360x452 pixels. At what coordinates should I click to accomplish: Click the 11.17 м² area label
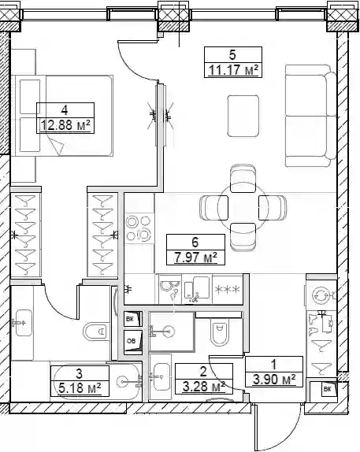(x=233, y=70)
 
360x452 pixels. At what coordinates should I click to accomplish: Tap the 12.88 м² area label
(x=65, y=125)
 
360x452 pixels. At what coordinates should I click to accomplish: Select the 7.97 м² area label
(x=195, y=257)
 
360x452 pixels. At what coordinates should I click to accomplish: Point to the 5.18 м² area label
(x=80, y=388)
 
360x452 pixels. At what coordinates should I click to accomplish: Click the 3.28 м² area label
(x=204, y=386)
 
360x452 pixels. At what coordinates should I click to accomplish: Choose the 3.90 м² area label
(x=274, y=379)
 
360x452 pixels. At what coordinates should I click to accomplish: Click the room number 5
(x=232, y=54)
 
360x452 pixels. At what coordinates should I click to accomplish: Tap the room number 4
(x=65, y=109)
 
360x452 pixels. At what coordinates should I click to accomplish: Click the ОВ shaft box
(x=133, y=342)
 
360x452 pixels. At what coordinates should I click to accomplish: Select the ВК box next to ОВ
(x=133, y=319)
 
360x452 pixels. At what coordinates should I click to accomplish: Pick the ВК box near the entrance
(x=328, y=390)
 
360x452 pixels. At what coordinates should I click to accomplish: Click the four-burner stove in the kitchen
(x=139, y=228)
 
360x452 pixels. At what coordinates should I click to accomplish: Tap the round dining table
(x=243, y=207)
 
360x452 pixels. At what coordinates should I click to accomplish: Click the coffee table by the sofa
(x=243, y=117)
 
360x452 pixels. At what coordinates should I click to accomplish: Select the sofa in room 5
(x=311, y=116)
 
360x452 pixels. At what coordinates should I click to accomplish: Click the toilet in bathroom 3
(x=96, y=332)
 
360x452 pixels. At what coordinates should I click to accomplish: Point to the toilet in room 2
(x=220, y=332)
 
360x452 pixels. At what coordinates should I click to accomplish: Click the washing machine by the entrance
(x=321, y=295)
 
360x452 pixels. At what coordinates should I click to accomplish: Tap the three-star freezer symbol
(x=228, y=289)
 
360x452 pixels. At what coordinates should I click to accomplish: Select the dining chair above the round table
(x=243, y=179)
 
